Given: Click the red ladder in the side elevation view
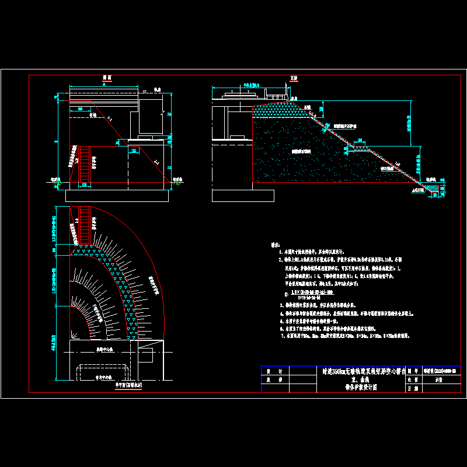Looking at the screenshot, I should [85, 165].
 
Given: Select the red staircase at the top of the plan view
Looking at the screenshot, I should [85, 225].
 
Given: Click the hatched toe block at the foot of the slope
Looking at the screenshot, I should [433, 189].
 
